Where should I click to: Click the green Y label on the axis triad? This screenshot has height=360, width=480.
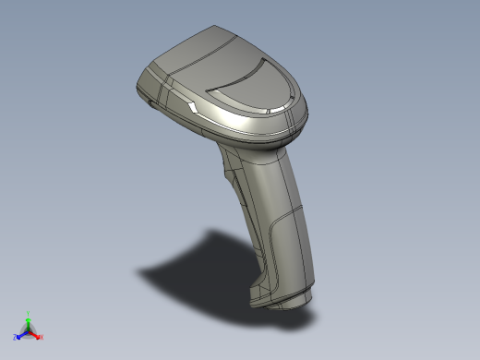pos(28,314)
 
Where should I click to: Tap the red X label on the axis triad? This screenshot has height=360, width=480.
pos(42,337)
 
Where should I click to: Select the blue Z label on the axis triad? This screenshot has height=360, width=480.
pos(16,338)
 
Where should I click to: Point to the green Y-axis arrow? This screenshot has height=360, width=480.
pos(28,322)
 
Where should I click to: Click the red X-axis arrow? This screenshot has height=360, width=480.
pos(35,334)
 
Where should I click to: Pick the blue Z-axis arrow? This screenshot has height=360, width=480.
pos(21,335)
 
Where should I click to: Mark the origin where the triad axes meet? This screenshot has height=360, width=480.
pos(28,331)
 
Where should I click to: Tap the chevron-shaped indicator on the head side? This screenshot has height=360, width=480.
pos(192,108)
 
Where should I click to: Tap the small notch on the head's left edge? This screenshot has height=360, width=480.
pos(148,104)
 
